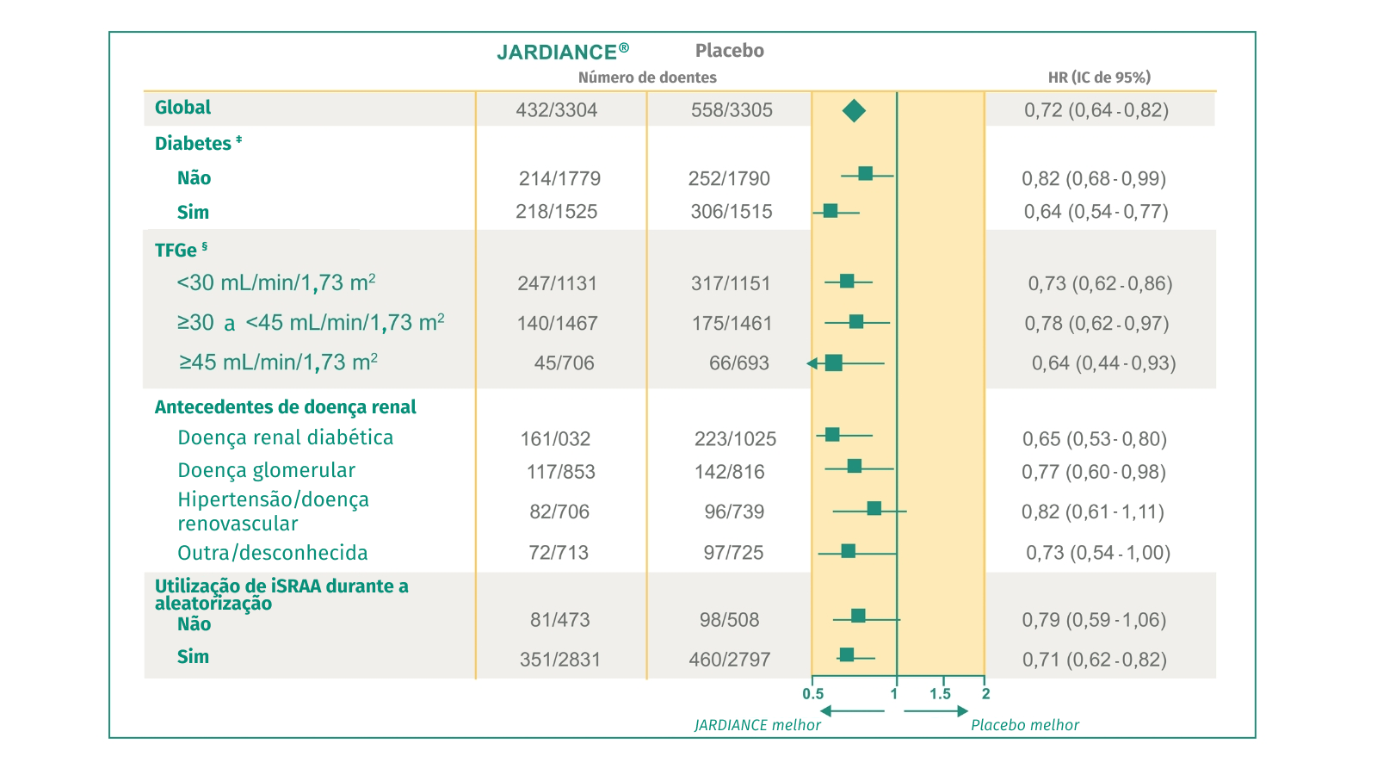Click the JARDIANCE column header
pos(562,52)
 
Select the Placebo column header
pos(729,51)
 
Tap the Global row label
pos(182,108)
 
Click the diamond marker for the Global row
pos(854,110)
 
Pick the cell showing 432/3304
pos(556,110)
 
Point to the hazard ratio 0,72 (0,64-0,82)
pos(1096,110)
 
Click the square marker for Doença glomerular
pos(854,466)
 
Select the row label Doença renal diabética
pos(285,437)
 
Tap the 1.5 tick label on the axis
pos(940,694)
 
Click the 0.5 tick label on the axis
pos(812,694)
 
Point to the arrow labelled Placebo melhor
pos(935,711)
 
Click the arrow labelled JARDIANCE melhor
pos(852,711)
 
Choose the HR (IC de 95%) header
pos(1099,77)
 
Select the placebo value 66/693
pos(738,363)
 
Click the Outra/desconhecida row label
pos(272,553)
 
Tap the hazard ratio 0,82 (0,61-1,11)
pos(1092,512)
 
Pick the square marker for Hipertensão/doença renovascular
pos(874,509)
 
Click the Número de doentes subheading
pos(647,77)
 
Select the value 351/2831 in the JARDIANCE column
pos(559,660)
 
